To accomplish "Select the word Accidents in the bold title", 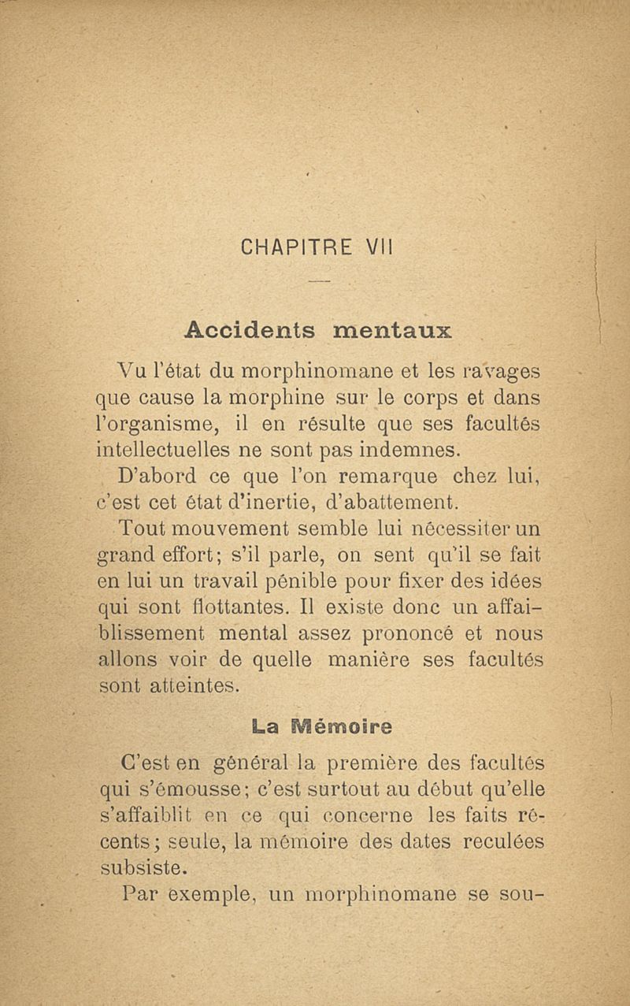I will pos(250,329).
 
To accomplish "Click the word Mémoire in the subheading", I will pos(343,724).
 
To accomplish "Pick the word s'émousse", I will pos(198,789).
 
